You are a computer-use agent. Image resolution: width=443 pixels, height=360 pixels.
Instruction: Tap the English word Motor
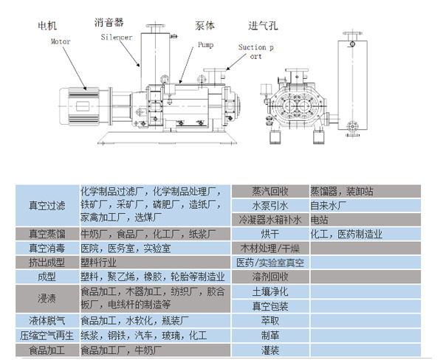[x=61, y=42]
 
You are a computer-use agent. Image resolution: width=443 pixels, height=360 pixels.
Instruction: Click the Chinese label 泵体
[x=205, y=25]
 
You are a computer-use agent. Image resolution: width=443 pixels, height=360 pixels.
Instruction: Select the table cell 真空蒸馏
[x=47, y=234]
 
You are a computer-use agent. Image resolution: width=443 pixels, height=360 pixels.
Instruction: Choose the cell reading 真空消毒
[x=47, y=248]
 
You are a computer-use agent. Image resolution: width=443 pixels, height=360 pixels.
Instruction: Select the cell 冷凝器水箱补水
[x=269, y=220]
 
